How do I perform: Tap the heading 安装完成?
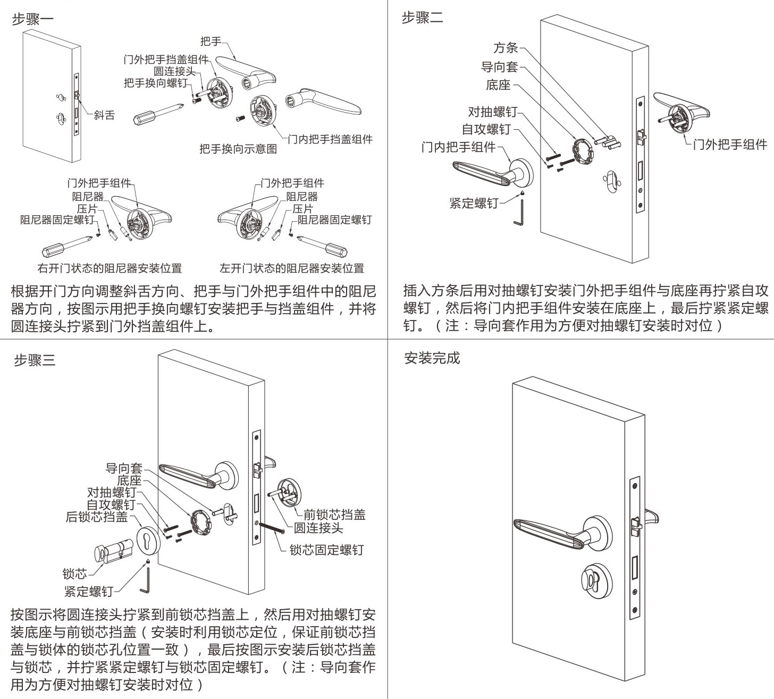point(432,358)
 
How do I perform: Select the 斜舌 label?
point(104,115)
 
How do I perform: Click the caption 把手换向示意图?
point(238,149)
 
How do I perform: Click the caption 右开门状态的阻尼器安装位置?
point(110,268)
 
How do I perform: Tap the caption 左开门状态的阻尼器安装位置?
point(292,268)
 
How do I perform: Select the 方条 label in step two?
point(505,48)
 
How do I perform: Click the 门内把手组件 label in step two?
point(458,147)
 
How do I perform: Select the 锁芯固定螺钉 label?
point(326,550)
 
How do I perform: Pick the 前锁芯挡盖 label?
point(334,515)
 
